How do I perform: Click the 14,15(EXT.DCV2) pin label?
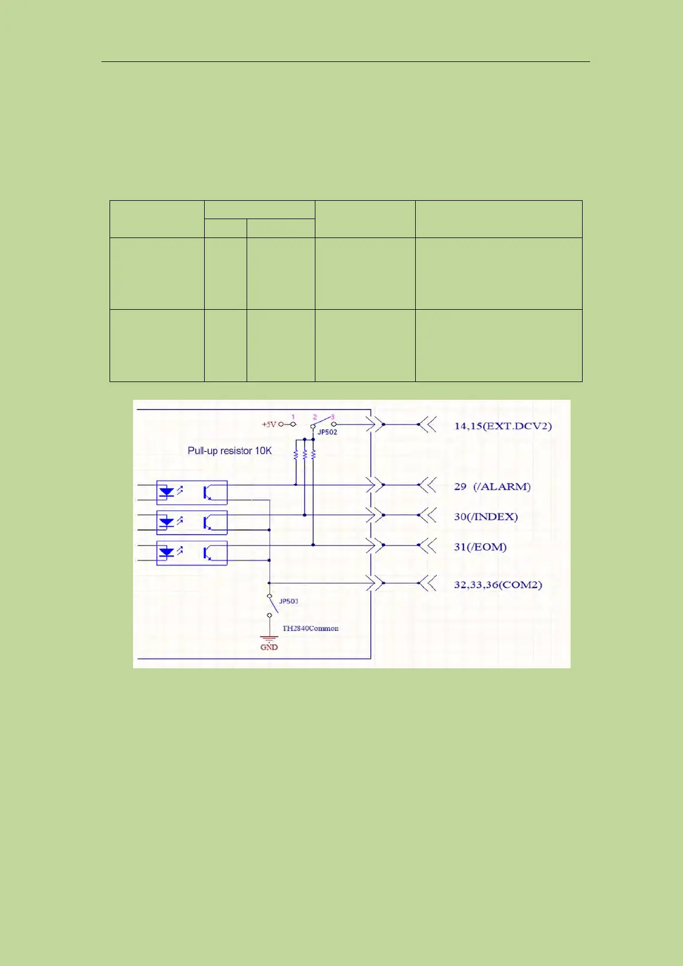click(502, 426)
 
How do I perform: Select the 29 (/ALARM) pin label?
click(492, 486)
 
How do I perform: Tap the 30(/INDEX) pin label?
click(486, 516)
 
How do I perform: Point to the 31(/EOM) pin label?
click(480, 547)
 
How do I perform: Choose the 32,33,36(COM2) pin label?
click(498, 585)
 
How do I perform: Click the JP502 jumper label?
click(327, 432)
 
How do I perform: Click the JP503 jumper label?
click(288, 601)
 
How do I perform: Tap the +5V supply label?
click(269, 424)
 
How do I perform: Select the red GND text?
click(269, 647)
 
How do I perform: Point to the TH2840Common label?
click(310, 628)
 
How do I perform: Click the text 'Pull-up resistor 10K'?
click(229, 451)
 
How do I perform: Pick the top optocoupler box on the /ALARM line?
click(192, 492)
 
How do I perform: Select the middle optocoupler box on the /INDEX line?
click(192, 523)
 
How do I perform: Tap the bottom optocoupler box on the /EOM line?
click(192, 553)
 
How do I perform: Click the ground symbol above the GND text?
click(269, 638)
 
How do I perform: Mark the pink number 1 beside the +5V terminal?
click(293, 417)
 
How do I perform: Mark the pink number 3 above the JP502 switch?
click(333, 417)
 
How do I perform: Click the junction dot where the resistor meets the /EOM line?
click(313, 545)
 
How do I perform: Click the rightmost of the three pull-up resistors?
click(313, 454)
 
